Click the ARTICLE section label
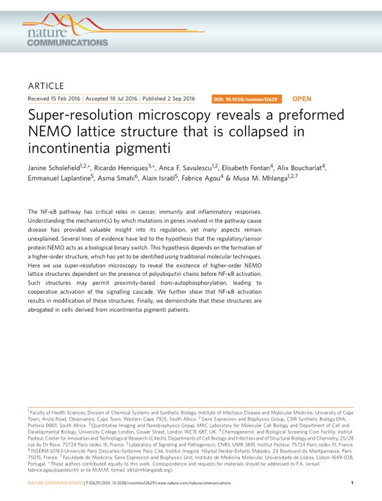click(x=46, y=85)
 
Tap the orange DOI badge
click(x=246, y=99)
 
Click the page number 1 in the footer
click(x=352, y=483)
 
